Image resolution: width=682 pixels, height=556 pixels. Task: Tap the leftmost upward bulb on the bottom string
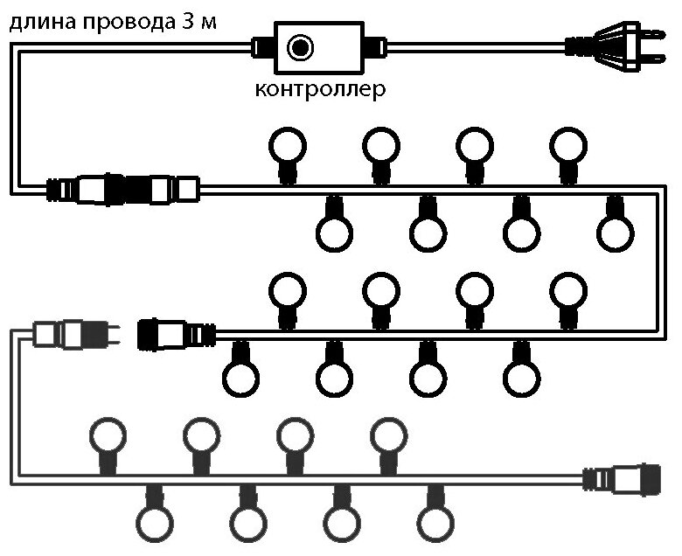[108, 434]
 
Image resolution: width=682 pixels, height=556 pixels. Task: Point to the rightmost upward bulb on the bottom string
[388, 434]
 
